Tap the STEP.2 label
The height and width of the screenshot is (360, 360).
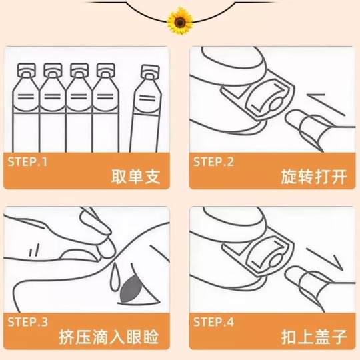(214, 161)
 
